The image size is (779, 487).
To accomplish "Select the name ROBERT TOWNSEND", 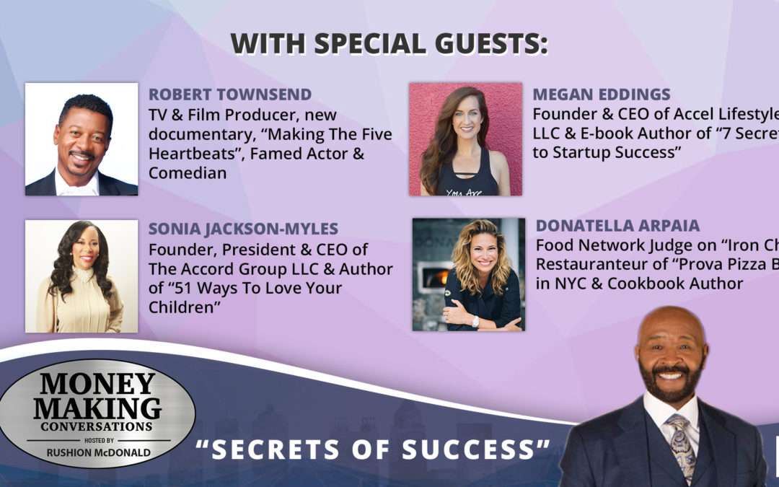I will point(230,95).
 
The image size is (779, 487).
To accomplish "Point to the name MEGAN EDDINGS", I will point(602,95).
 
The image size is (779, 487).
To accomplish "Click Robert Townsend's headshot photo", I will point(82,139).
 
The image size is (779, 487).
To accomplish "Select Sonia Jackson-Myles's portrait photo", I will point(82,276).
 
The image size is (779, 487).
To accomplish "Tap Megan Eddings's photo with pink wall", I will point(465,139).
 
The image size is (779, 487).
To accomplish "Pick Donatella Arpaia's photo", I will point(469,274).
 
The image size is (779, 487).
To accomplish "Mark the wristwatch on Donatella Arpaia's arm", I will point(475,321).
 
